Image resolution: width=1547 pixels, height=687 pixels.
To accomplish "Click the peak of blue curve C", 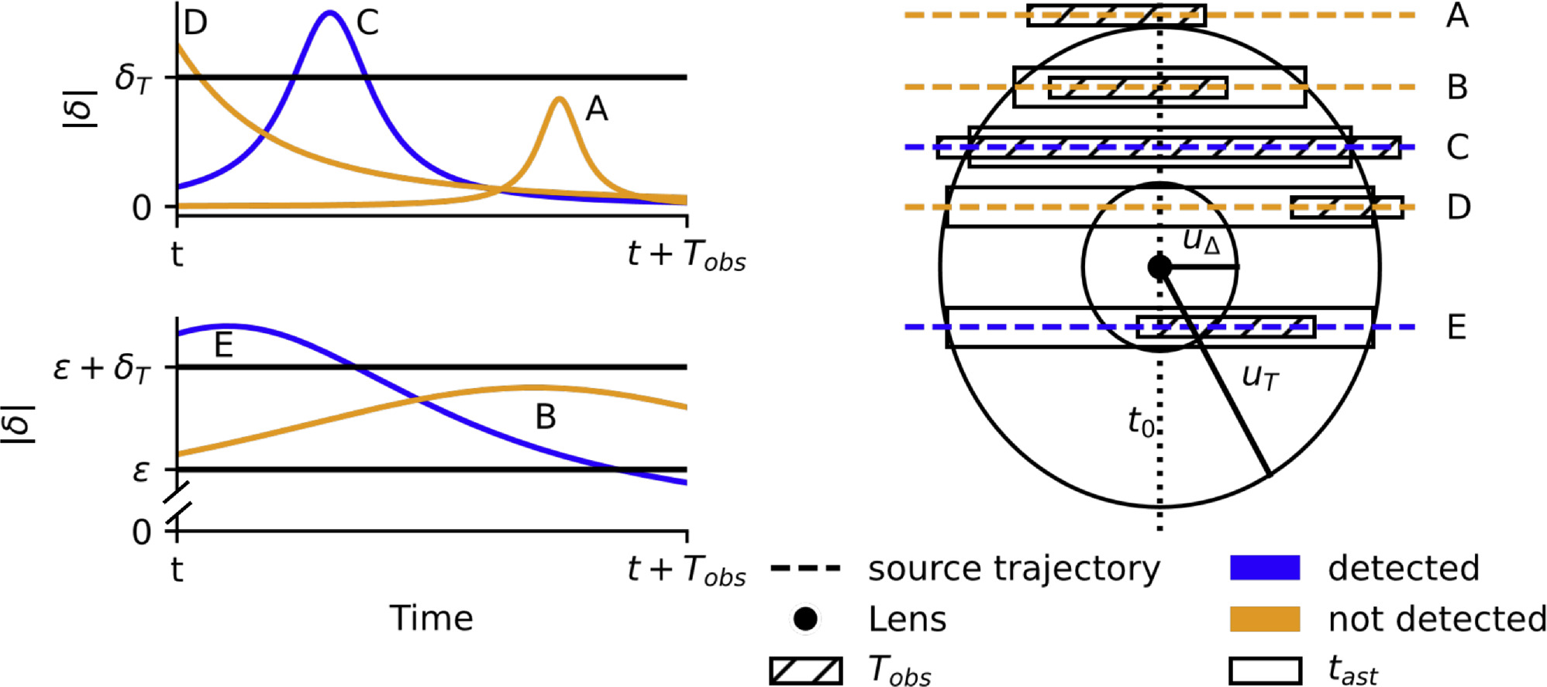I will pyautogui.click(x=331, y=13).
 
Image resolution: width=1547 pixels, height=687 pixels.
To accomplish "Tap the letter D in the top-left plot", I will pyautogui.click(x=195, y=22).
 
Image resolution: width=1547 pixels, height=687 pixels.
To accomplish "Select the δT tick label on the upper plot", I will pyautogui.click(x=133, y=77).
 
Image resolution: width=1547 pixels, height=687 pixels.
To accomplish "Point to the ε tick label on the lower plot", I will pyautogui.click(x=140, y=470).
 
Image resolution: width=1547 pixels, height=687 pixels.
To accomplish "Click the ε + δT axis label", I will pyautogui.click(x=102, y=368).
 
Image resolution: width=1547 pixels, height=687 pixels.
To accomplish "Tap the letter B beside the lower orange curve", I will pyautogui.click(x=546, y=417).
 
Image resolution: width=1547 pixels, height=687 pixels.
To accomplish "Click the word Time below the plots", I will pyautogui.click(x=431, y=618).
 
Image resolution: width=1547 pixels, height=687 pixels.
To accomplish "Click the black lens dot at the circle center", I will pyautogui.click(x=1159, y=267).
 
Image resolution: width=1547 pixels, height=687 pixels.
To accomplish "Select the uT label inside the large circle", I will pyautogui.click(x=1260, y=377).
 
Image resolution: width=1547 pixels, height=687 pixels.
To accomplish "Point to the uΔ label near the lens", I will pyautogui.click(x=1201, y=241).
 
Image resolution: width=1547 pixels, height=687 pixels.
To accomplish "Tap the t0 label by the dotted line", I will pyautogui.click(x=1140, y=423).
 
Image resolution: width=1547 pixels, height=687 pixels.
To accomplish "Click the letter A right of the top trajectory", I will pyautogui.click(x=1457, y=15).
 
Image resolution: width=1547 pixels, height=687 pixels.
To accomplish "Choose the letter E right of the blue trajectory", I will pyautogui.click(x=1457, y=328).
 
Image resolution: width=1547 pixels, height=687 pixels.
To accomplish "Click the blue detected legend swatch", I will pyautogui.click(x=1265, y=568).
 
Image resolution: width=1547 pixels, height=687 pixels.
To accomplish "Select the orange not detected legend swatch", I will pyautogui.click(x=1265, y=619).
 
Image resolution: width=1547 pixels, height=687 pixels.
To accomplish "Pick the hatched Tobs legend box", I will pyautogui.click(x=805, y=671).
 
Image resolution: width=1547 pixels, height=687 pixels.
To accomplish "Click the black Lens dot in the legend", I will pyautogui.click(x=805, y=619).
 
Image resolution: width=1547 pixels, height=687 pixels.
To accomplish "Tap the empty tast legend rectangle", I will pyautogui.click(x=1265, y=671).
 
